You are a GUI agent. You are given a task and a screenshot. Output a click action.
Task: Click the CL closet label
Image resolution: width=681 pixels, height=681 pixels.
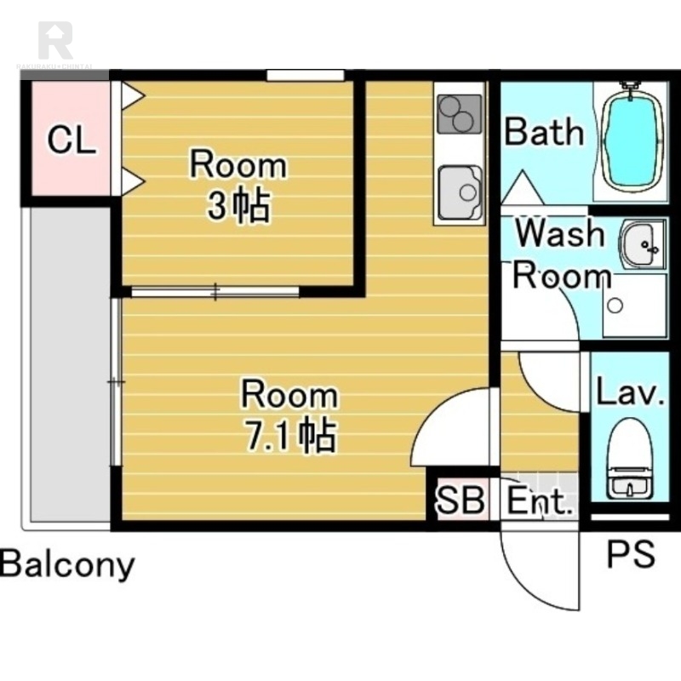pyautogui.click(x=72, y=140)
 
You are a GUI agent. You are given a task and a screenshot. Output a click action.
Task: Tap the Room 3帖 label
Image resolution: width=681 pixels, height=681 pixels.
pyautogui.click(x=238, y=185)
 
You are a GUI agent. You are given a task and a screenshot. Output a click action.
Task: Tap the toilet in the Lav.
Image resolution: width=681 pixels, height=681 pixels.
pyautogui.click(x=630, y=459)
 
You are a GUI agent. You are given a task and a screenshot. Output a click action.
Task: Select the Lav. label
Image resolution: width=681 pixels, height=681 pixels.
pyautogui.click(x=630, y=392)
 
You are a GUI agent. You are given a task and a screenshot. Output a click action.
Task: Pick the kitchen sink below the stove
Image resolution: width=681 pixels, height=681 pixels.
pyautogui.click(x=460, y=192)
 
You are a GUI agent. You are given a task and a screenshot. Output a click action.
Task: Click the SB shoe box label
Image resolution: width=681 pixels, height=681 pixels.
pyautogui.click(x=461, y=500)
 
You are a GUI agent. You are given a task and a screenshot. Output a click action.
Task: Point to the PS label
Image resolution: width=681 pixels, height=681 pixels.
pyautogui.click(x=631, y=554)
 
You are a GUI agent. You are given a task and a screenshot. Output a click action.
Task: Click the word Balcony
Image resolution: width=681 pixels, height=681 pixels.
pyautogui.click(x=67, y=564)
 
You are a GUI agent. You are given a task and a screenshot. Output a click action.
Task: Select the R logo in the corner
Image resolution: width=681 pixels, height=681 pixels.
pyautogui.click(x=55, y=40)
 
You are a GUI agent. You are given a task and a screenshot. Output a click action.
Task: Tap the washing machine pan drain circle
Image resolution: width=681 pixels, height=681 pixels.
pyautogui.click(x=615, y=306)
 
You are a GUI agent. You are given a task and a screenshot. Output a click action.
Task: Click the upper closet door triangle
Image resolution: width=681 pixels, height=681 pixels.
pyautogui.click(x=132, y=94)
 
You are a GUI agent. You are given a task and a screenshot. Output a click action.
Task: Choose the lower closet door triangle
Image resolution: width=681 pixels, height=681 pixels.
pyautogui.click(x=132, y=181)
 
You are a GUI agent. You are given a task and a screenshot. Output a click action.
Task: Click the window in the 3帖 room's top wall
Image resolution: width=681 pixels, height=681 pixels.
pyautogui.click(x=306, y=76)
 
